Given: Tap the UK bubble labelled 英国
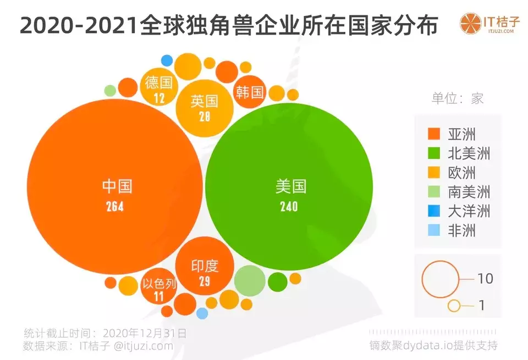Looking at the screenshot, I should [205, 107].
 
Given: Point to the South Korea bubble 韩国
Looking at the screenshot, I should [250, 91].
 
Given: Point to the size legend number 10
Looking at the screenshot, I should [485, 279].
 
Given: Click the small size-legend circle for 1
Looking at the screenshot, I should [454, 305].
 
